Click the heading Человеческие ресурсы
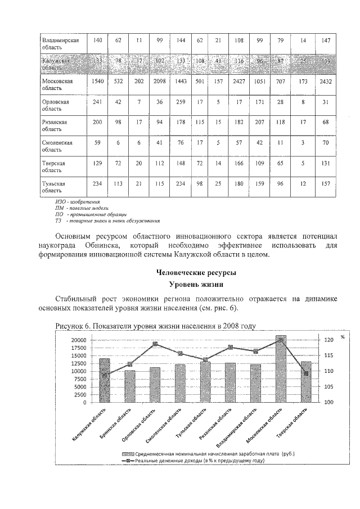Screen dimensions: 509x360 pyautogui.click(x=196, y=273)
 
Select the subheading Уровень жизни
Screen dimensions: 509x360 pyautogui.click(x=196, y=285)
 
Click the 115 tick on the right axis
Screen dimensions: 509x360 pyautogui.click(x=328, y=355)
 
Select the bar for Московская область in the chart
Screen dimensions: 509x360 pyautogui.click(x=281, y=368)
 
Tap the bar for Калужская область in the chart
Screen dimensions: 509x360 pyautogui.click(x=105, y=380)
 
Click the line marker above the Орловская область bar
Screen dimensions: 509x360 pyautogui.click(x=155, y=344)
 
